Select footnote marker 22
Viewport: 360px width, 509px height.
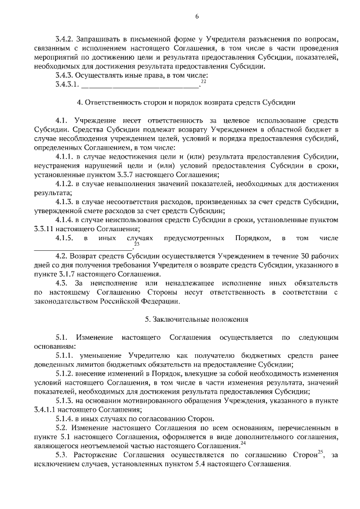coord(203,82)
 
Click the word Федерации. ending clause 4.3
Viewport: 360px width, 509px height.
coord(159,301)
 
